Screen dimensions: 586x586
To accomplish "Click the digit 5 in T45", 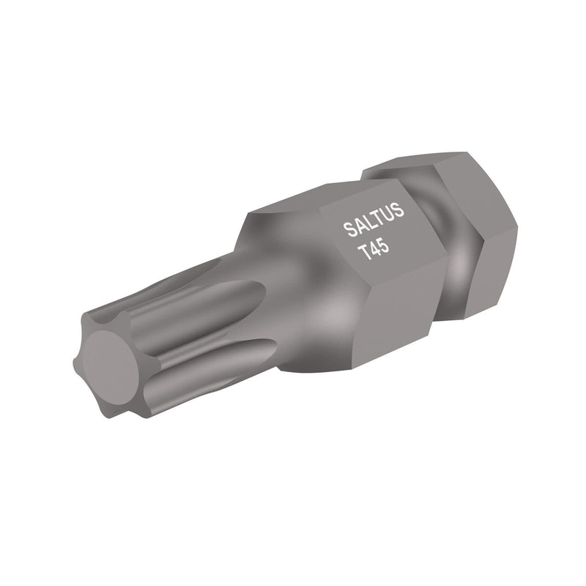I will (383, 248).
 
